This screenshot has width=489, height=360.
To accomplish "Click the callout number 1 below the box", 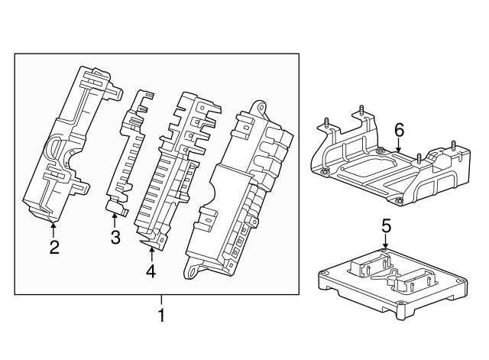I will [x=160, y=314].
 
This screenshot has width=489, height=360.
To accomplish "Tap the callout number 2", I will [x=53, y=246].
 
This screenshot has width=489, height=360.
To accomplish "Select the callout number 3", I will [x=115, y=238].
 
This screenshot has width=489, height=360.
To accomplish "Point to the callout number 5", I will [x=386, y=225].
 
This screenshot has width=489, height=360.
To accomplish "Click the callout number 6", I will [x=398, y=130].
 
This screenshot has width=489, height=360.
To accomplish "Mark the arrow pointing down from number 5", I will [x=386, y=242].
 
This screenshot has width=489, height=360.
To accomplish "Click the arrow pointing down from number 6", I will [x=398, y=148].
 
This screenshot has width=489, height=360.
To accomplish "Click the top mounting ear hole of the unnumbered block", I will [x=260, y=107].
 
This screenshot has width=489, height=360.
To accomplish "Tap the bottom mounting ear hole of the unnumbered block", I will [x=193, y=269].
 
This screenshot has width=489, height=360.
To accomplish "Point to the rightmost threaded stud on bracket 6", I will [x=453, y=146].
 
